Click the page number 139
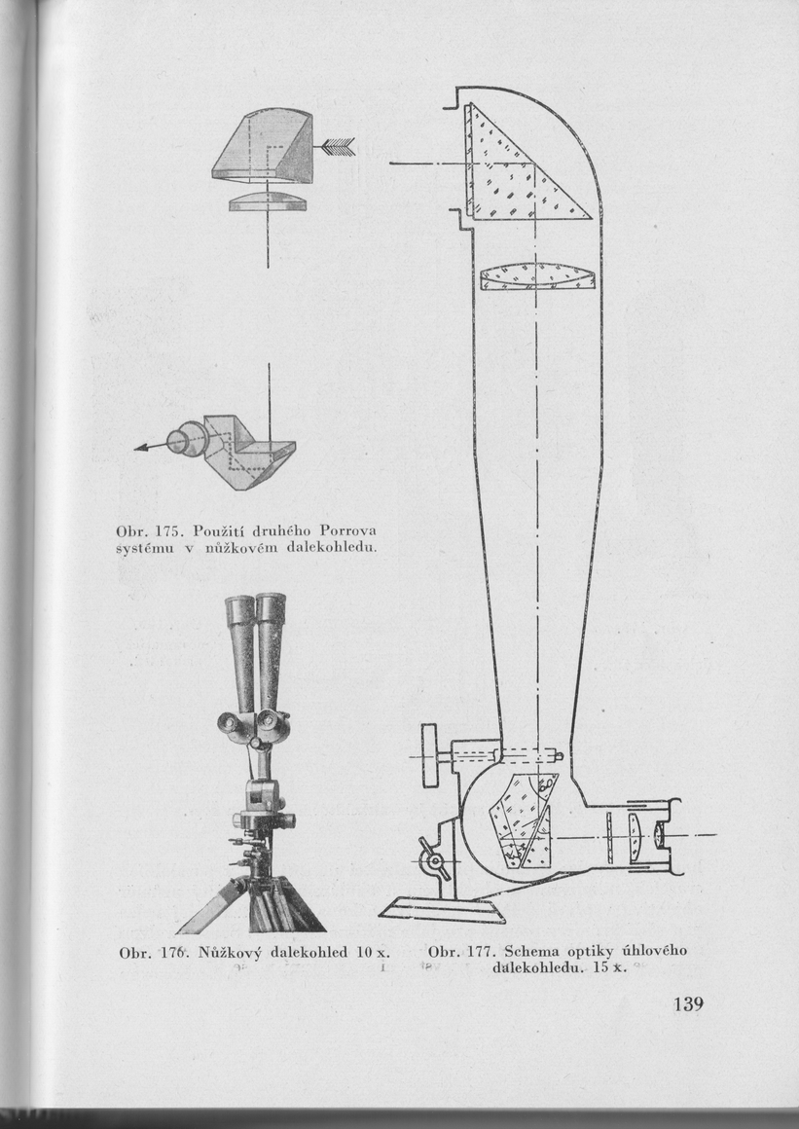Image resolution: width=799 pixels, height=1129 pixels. (686, 1005)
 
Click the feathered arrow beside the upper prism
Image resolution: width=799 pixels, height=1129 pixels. (337, 146)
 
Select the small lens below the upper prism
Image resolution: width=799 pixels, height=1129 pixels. (267, 200)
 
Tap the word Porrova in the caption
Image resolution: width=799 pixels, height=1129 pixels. (347, 530)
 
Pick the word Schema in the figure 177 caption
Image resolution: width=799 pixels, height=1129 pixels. (534, 951)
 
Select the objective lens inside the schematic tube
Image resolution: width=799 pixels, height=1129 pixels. (536, 277)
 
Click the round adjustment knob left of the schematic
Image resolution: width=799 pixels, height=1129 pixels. (431, 756)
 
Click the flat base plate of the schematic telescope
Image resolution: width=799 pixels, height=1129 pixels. (443, 911)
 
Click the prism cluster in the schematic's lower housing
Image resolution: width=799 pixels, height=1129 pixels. (526, 818)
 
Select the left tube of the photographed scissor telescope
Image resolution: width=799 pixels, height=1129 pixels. (239, 652)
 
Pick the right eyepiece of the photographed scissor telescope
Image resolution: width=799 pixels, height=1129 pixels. (267, 721)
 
